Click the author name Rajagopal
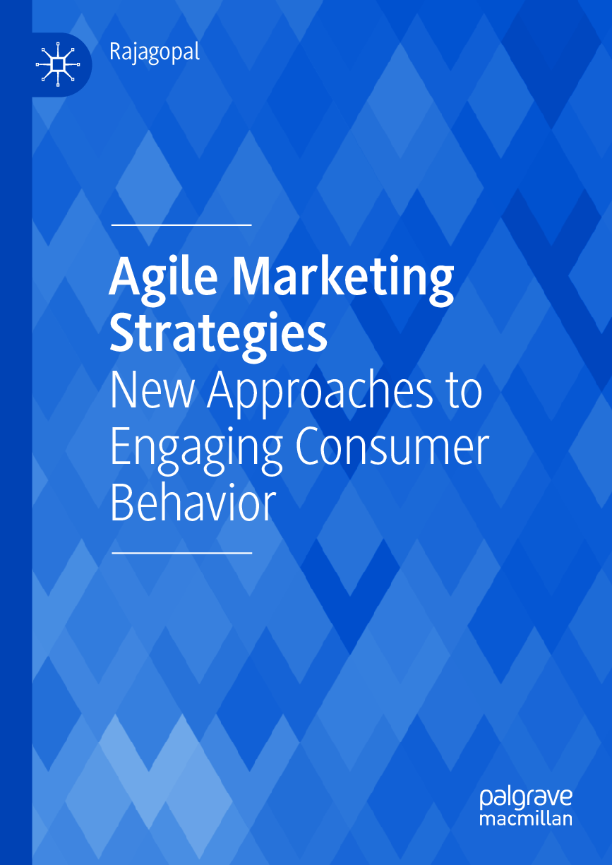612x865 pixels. pos(155,52)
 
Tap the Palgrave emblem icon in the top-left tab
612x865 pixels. pos(58,64)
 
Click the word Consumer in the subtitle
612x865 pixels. pos(392,448)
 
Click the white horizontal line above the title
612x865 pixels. pos(181,225)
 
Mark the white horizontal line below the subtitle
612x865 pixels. pos(181,553)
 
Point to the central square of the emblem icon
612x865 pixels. pos(58,64)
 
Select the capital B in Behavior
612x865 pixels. pos(123,503)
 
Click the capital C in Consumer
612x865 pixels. pos(310,448)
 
